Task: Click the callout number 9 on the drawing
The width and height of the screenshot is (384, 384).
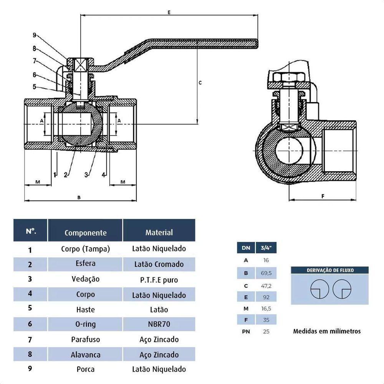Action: click(34, 35)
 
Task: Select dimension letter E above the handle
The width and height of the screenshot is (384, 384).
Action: click(169, 12)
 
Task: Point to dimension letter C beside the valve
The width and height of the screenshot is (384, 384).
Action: click(200, 83)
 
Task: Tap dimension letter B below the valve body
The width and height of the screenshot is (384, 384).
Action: click(79, 197)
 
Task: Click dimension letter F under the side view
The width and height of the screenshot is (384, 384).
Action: click(323, 196)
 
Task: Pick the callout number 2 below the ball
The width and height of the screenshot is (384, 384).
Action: click(66, 175)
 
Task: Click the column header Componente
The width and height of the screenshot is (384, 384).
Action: click(85, 233)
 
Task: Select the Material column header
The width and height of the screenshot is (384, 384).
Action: click(159, 232)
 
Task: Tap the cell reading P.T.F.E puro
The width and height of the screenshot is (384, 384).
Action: click(159, 280)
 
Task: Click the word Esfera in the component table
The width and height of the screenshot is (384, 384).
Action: click(85, 263)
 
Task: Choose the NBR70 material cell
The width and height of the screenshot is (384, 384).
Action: click(159, 324)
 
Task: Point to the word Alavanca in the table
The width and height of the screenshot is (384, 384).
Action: click(85, 354)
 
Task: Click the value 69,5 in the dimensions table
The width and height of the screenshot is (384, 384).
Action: click(266, 273)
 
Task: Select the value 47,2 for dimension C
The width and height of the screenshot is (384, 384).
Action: click(266, 286)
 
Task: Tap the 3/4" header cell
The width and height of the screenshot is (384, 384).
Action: click(266, 248)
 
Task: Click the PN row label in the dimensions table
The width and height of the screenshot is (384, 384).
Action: click(246, 331)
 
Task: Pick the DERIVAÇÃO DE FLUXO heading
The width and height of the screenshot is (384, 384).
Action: click(330, 270)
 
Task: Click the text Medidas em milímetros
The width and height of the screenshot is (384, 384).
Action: click(327, 331)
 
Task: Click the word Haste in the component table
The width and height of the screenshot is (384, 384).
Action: click(85, 309)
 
